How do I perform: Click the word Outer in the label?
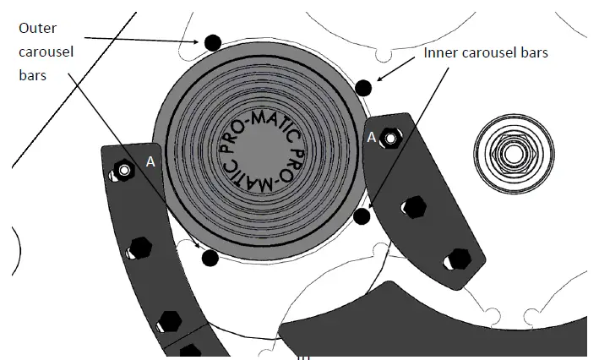(38, 28)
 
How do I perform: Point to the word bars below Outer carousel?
(32, 75)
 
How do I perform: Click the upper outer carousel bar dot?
(211, 41)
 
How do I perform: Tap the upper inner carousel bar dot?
(363, 87)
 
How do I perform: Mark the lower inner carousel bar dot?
(362, 217)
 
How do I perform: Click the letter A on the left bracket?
(150, 161)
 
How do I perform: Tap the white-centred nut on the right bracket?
(390, 138)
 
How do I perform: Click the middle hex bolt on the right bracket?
(415, 206)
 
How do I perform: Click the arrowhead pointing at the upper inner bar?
(377, 79)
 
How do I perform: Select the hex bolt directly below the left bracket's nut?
(139, 248)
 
